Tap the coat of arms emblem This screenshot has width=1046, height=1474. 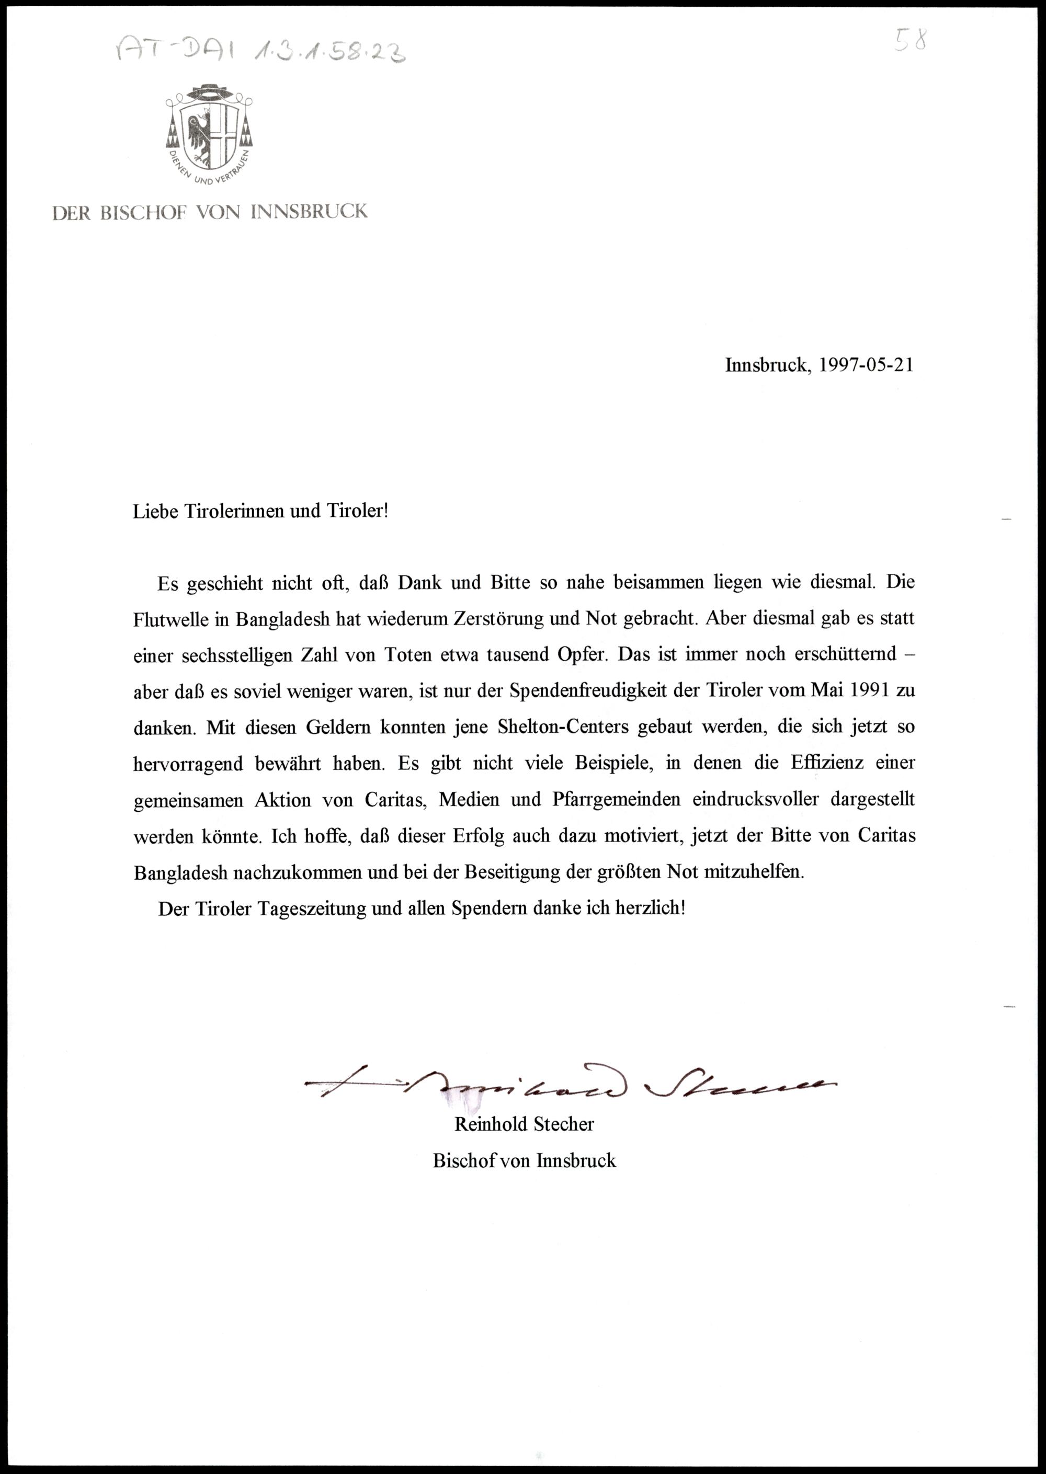point(209,133)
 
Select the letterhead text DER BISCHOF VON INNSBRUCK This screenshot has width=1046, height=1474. point(210,212)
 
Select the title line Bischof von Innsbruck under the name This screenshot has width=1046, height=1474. point(524,1160)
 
